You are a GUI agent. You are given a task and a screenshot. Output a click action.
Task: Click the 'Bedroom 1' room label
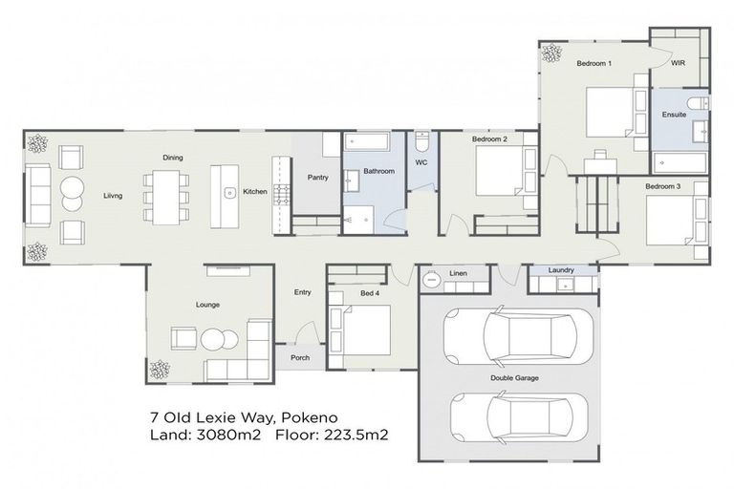tap(594, 64)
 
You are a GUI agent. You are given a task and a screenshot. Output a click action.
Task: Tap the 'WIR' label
tap(679, 64)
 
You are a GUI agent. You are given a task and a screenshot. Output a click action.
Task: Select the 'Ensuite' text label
tap(674, 115)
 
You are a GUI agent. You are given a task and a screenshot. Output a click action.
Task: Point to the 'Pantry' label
tap(318, 178)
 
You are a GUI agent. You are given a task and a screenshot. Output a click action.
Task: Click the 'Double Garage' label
tap(515, 378)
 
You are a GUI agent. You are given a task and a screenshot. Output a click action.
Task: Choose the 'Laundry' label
tap(561, 270)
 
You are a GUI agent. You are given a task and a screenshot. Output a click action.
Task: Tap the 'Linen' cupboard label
tap(459, 275)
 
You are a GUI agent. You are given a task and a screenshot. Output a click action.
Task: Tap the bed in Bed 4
tap(360, 330)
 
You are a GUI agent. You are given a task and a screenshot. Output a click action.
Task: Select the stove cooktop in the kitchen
tap(282, 195)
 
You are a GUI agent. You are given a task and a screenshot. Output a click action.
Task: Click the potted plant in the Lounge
tap(160, 368)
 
